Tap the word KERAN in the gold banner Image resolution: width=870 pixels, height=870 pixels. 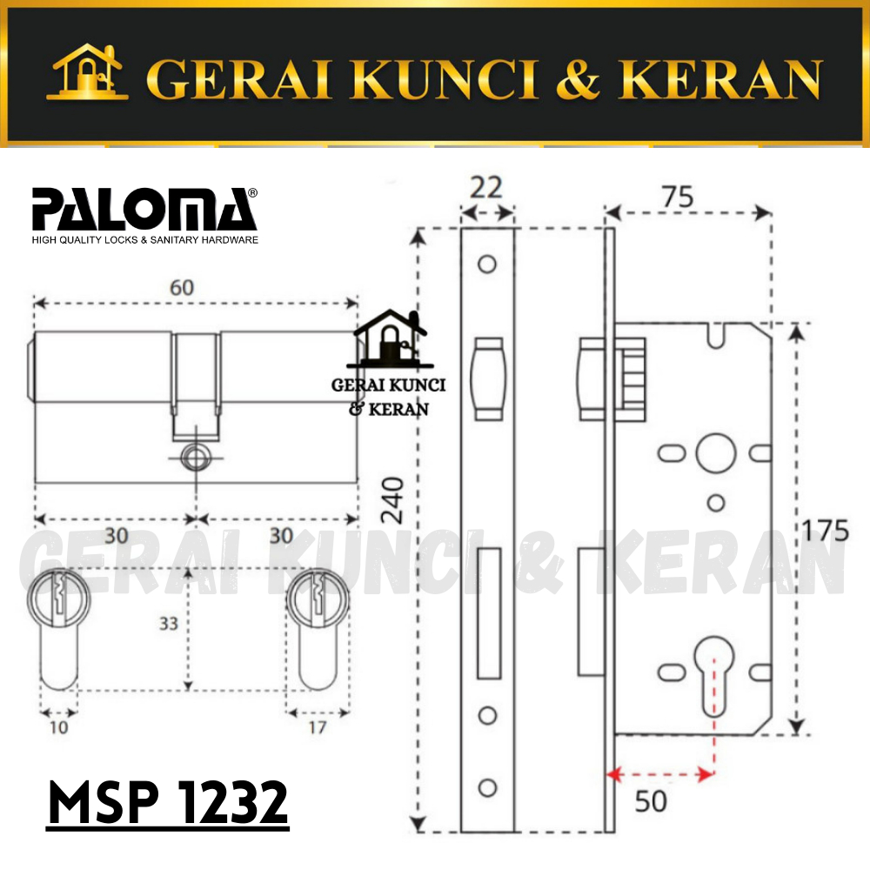coord(720,79)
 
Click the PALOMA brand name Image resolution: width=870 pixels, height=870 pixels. coord(144,209)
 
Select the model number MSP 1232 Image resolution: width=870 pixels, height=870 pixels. coord(168,802)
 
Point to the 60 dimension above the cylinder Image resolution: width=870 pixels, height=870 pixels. coord(182,287)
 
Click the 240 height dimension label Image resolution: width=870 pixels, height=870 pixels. coord(391,500)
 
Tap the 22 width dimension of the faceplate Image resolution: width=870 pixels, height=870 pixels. coord(486,188)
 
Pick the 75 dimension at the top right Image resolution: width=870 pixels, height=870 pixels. coord(678,197)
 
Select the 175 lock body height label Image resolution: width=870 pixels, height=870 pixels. coord(825,530)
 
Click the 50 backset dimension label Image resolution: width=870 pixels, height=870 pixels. coord(650,801)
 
